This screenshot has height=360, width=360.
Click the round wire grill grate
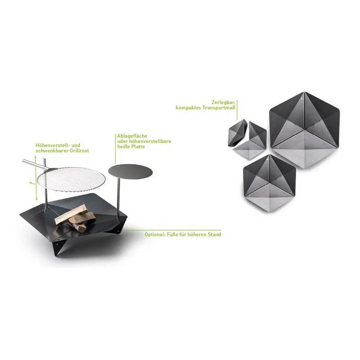(71, 179)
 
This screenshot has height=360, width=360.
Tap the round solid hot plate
(130, 171)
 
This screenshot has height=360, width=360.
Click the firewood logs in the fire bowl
(75, 218)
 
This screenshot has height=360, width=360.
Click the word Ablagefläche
(132, 136)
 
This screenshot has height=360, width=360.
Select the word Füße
(171, 234)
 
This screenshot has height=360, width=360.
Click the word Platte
(138, 147)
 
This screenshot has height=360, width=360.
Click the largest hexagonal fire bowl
(305, 130)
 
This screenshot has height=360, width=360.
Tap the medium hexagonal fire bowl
(269, 184)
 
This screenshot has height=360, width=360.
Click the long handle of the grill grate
(34, 165)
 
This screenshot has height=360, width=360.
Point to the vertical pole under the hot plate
(118, 198)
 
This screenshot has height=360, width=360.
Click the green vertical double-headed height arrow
(36, 178)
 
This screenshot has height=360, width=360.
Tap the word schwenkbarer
(48, 151)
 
